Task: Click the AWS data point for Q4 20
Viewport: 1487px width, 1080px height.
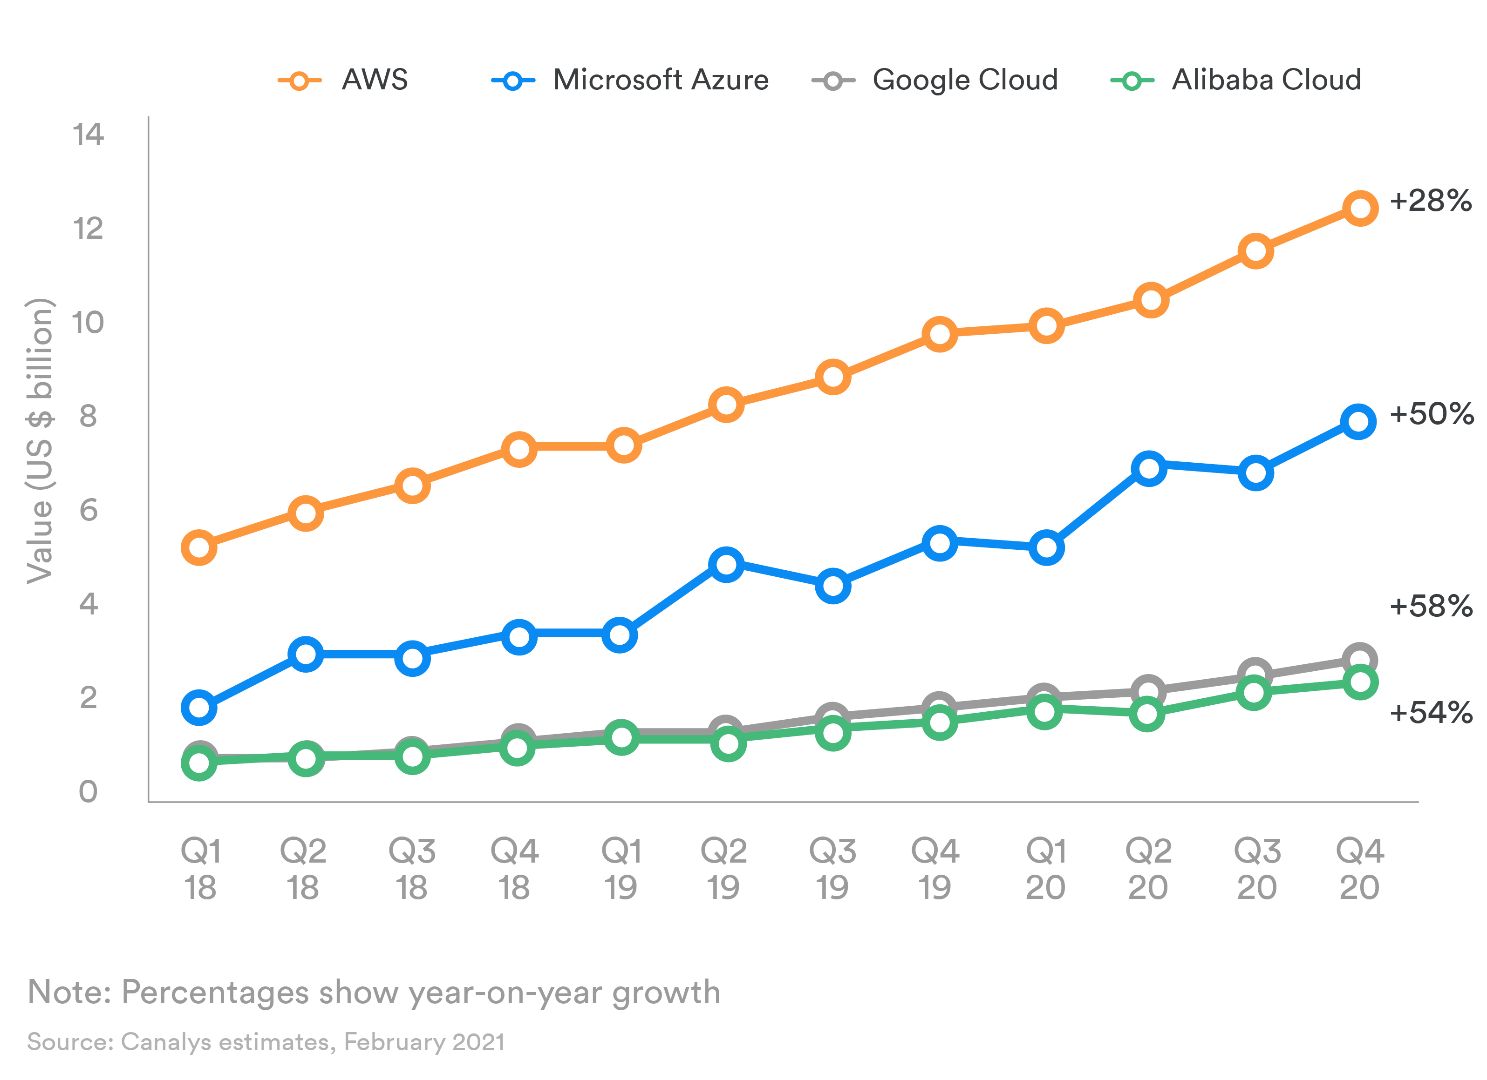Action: click(1360, 209)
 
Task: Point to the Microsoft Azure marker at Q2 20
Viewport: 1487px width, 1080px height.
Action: click(1149, 469)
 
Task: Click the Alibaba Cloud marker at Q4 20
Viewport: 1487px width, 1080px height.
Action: click(1360, 682)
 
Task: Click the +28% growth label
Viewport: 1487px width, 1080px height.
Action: click(1431, 201)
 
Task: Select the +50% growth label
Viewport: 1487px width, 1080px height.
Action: click(1431, 414)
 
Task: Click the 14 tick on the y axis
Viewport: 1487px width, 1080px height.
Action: click(88, 135)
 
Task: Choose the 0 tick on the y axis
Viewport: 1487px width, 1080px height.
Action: click(88, 792)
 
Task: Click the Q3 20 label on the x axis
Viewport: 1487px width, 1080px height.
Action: click(1257, 869)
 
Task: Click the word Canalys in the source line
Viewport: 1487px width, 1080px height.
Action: click(166, 1042)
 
